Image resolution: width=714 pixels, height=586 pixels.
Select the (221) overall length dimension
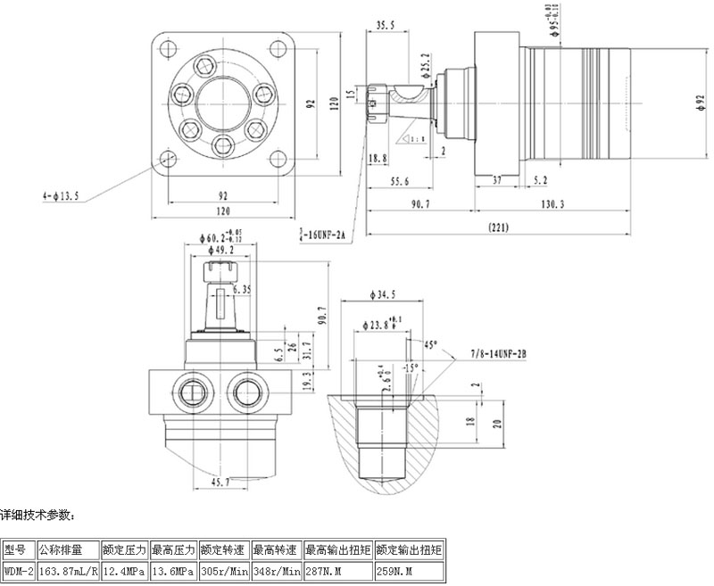(500, 228)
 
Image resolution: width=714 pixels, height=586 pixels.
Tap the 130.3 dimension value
(552, 204)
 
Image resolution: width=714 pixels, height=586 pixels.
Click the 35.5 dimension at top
(386, 26)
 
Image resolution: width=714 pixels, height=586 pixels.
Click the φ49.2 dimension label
(220, 251)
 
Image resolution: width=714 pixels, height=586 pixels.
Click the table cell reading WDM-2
(18, 570)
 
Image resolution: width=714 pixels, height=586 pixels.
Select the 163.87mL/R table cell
(68, 570)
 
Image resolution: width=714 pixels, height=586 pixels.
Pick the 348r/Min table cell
(277, 570)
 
